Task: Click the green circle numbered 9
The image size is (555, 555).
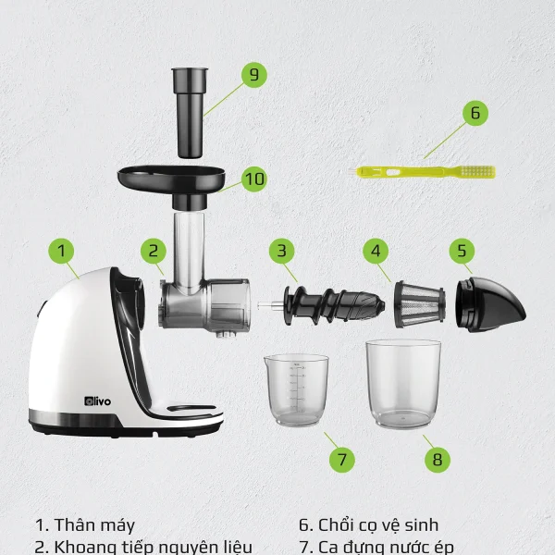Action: tap(254, 75)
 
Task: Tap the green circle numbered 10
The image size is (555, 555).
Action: tap(254, 179)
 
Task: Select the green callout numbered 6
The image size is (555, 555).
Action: tap(475, 113)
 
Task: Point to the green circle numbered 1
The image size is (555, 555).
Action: tap(61, 251)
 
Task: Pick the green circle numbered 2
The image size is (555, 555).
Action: tap(154, 251)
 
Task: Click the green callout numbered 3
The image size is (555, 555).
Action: tap(282, 251)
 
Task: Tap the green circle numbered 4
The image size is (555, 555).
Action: tap(376, 251)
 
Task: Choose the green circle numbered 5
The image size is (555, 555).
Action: tap(462, 251)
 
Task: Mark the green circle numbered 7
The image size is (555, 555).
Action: tap(342, 460)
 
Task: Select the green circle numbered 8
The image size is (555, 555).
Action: tap(438, 460)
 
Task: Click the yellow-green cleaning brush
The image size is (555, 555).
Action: tap(421, 172)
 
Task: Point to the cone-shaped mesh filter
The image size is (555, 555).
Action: tap(419, 304)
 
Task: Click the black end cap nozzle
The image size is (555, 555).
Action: tap(490, 304)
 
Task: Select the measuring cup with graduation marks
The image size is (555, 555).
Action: tap(296, 389)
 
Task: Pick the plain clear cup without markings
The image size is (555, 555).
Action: tap(403, 384)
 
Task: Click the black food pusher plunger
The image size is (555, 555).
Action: tap(190, 113)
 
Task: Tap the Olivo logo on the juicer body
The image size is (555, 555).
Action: tap(98, 401)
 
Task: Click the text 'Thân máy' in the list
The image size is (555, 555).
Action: tap(94, 525)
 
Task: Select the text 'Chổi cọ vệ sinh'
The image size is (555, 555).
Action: tap(378, 525)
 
